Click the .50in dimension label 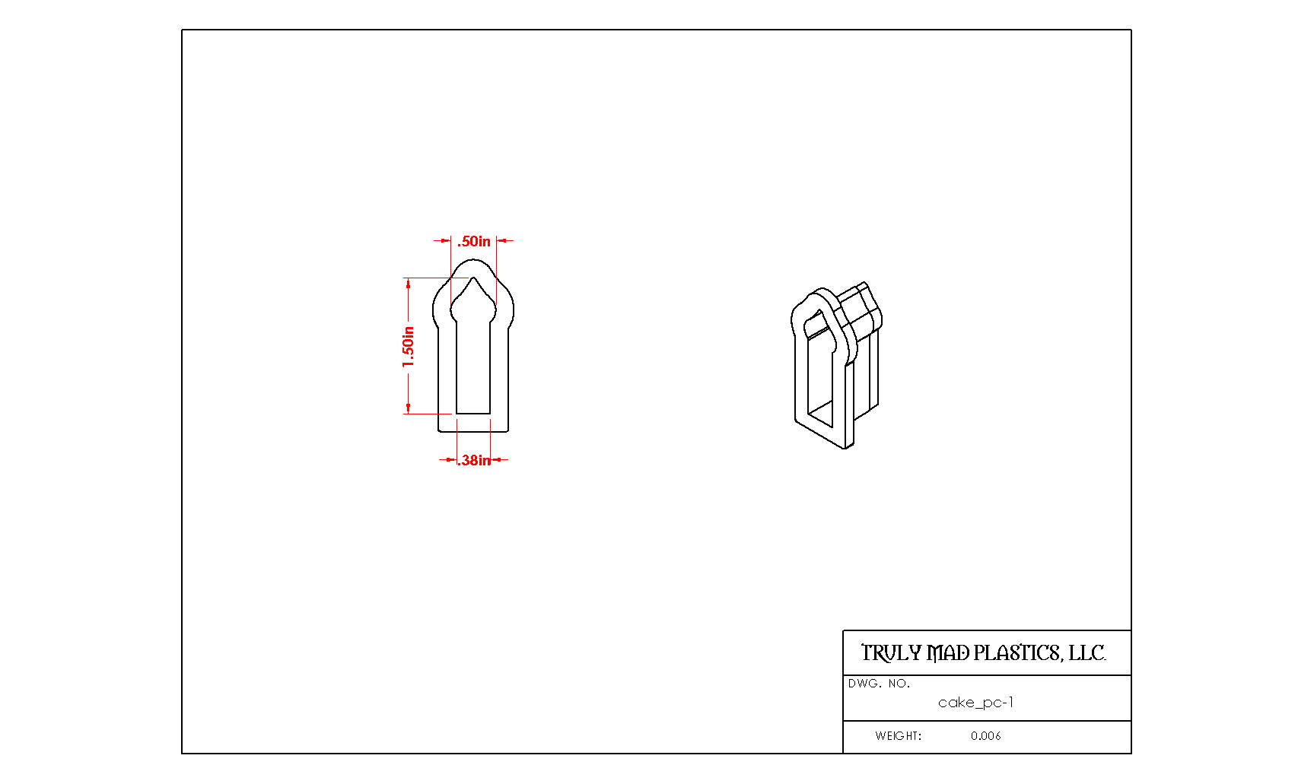(474, 241)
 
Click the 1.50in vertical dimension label (409, 347)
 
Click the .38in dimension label (474, 460)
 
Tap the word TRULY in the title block (891, 652)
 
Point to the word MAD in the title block (948, 652)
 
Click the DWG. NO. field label (879, 684)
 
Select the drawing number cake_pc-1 (975, 703)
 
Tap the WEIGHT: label (898, 736)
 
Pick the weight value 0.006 (985, 736)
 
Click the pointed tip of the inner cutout (474, 278)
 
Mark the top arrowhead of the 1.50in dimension (409, 284)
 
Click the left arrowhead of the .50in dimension (446, 241)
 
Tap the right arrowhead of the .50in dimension (502, 241)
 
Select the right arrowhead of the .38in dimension (496, 460)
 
